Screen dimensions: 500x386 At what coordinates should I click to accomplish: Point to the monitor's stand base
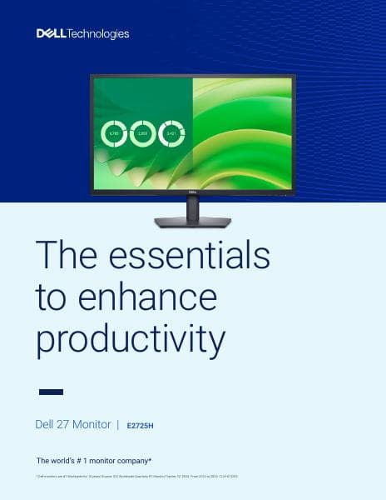click(192, 222)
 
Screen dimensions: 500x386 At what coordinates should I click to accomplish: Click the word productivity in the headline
click(131, 339)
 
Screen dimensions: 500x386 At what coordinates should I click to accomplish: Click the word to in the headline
click(51, 297)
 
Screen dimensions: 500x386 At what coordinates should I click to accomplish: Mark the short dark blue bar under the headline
click(51, 392)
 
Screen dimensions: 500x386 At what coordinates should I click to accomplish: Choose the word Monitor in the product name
click(92, 424)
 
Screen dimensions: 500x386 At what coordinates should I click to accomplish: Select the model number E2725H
click(141, 426)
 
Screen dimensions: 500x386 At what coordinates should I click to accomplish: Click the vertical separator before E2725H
click(118, 425)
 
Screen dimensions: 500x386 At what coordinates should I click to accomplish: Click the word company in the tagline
click(131, 461)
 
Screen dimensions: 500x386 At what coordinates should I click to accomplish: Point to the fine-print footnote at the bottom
click(137, 476)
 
